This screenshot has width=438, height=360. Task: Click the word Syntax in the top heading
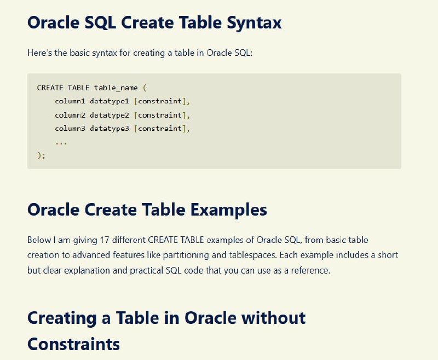click(254, 23)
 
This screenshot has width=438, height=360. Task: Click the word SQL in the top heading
click(100, 22)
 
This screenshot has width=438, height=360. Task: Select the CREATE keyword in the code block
click(50, 88)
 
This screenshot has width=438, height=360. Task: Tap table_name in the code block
click(116, 88)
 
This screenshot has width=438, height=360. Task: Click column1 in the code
click(70, 101)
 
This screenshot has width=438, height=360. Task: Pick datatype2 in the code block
click(109, 115)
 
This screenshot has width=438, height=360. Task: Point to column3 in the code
click(70, 129)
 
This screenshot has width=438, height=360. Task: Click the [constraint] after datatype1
click(160, 101)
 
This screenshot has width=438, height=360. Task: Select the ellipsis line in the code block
click(61, 143)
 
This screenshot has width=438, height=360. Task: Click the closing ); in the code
click(41, 155)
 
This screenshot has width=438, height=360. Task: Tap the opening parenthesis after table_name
click(145, 88)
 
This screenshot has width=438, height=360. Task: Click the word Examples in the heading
click(229, 210)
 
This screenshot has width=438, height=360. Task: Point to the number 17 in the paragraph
click(104, 240)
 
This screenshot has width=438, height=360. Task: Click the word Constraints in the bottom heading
click(73, 344)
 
